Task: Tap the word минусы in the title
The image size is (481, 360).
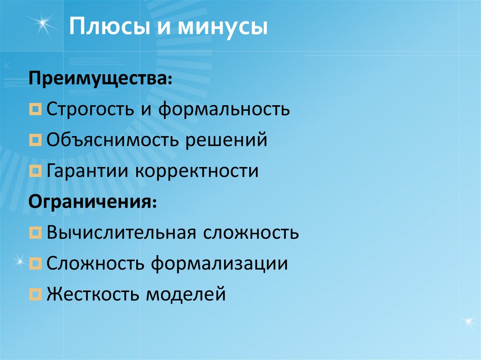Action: (x=223, y=28)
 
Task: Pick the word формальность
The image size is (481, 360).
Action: (x=224, y=109)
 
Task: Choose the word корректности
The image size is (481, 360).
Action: (x=197, y=170)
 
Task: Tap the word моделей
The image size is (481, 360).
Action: (x=186, y=294)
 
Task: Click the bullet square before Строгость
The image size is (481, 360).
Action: (x=35, y=110)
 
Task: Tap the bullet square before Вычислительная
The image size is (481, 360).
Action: (x=35, y=233)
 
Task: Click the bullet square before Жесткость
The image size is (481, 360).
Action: (x=35, y=295)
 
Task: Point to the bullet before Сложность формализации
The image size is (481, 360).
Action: (x=35, y=264)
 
